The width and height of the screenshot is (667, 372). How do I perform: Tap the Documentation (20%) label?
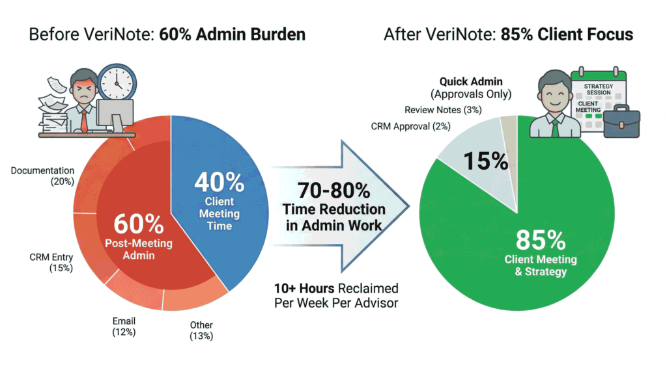click(x=42, y=176)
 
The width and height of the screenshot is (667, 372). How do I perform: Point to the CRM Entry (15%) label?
click(x=51, y=262)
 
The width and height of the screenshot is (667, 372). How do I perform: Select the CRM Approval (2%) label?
click(x=410, y=126)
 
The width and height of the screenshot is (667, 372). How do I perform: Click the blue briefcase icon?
click(x=621, y=122)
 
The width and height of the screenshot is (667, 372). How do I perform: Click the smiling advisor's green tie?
click(x=554, y=127)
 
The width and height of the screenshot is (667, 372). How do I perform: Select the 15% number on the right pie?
click(x=485, y=160)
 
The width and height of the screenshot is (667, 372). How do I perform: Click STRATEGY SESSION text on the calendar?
click(x=597, y=88)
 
